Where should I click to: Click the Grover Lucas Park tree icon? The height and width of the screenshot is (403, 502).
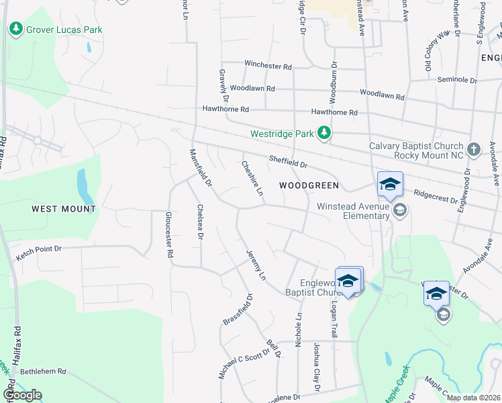pyautogui.click(x=15, y=30)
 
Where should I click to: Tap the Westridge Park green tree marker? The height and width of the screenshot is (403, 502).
pyautogui.click(x=325, y=133)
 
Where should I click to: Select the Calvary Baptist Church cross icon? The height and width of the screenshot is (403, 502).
pyautogui.click(x=474, y=149)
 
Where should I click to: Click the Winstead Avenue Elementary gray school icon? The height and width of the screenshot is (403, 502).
pyautogui.click(x=399, y=210)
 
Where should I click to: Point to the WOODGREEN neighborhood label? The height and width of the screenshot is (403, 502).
pyautogui.click(x=309, y=185)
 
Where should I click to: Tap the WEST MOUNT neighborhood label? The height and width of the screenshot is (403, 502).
pyautogui.click(x=64, y=209)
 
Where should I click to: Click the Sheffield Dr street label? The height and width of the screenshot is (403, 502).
pyautogui.click(x=287, y=162)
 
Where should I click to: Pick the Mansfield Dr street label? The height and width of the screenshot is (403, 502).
pyautogui.click(x=200, y=167)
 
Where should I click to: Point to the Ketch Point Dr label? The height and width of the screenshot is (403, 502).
pyautogui.click(x=39, y=249)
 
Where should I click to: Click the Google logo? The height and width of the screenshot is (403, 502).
pyautogui.click(x=22, y=395)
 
